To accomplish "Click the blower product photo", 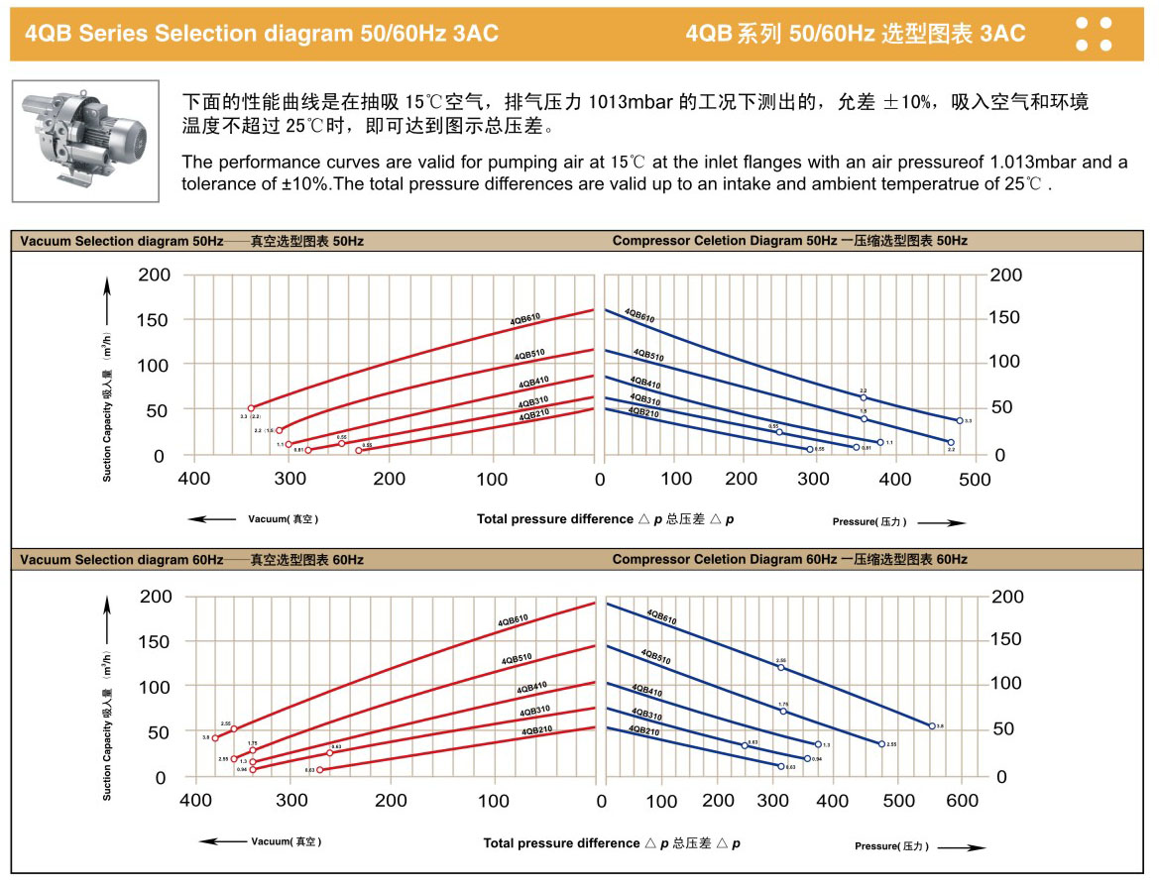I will click(x=85, y=139).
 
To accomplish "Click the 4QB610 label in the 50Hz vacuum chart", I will click(x=525, y=319).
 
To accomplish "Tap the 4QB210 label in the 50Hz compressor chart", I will click(x=644, y=412).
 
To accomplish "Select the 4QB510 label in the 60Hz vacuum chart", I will click(x=517, y=659).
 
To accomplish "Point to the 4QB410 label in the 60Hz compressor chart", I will click(x=646, y=691).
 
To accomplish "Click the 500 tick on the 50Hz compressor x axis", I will click(x=975, y=480).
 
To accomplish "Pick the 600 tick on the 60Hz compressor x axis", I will click(x=963, y=801).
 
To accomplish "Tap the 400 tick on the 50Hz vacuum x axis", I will click(x=193, y=480).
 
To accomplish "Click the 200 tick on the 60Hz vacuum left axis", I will click(x=155, y=596).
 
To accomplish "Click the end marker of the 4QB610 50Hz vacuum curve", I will click(x=251, y=408).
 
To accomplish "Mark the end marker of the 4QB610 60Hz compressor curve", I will click(x=932, y=726).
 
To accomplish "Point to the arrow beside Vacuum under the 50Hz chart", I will click(x=210, y=518).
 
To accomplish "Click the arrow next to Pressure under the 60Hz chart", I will click(x=962, y=847).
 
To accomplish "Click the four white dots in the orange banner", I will click(x=1094, y=33).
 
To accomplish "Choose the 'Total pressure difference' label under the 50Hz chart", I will click(x=554, y=518).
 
